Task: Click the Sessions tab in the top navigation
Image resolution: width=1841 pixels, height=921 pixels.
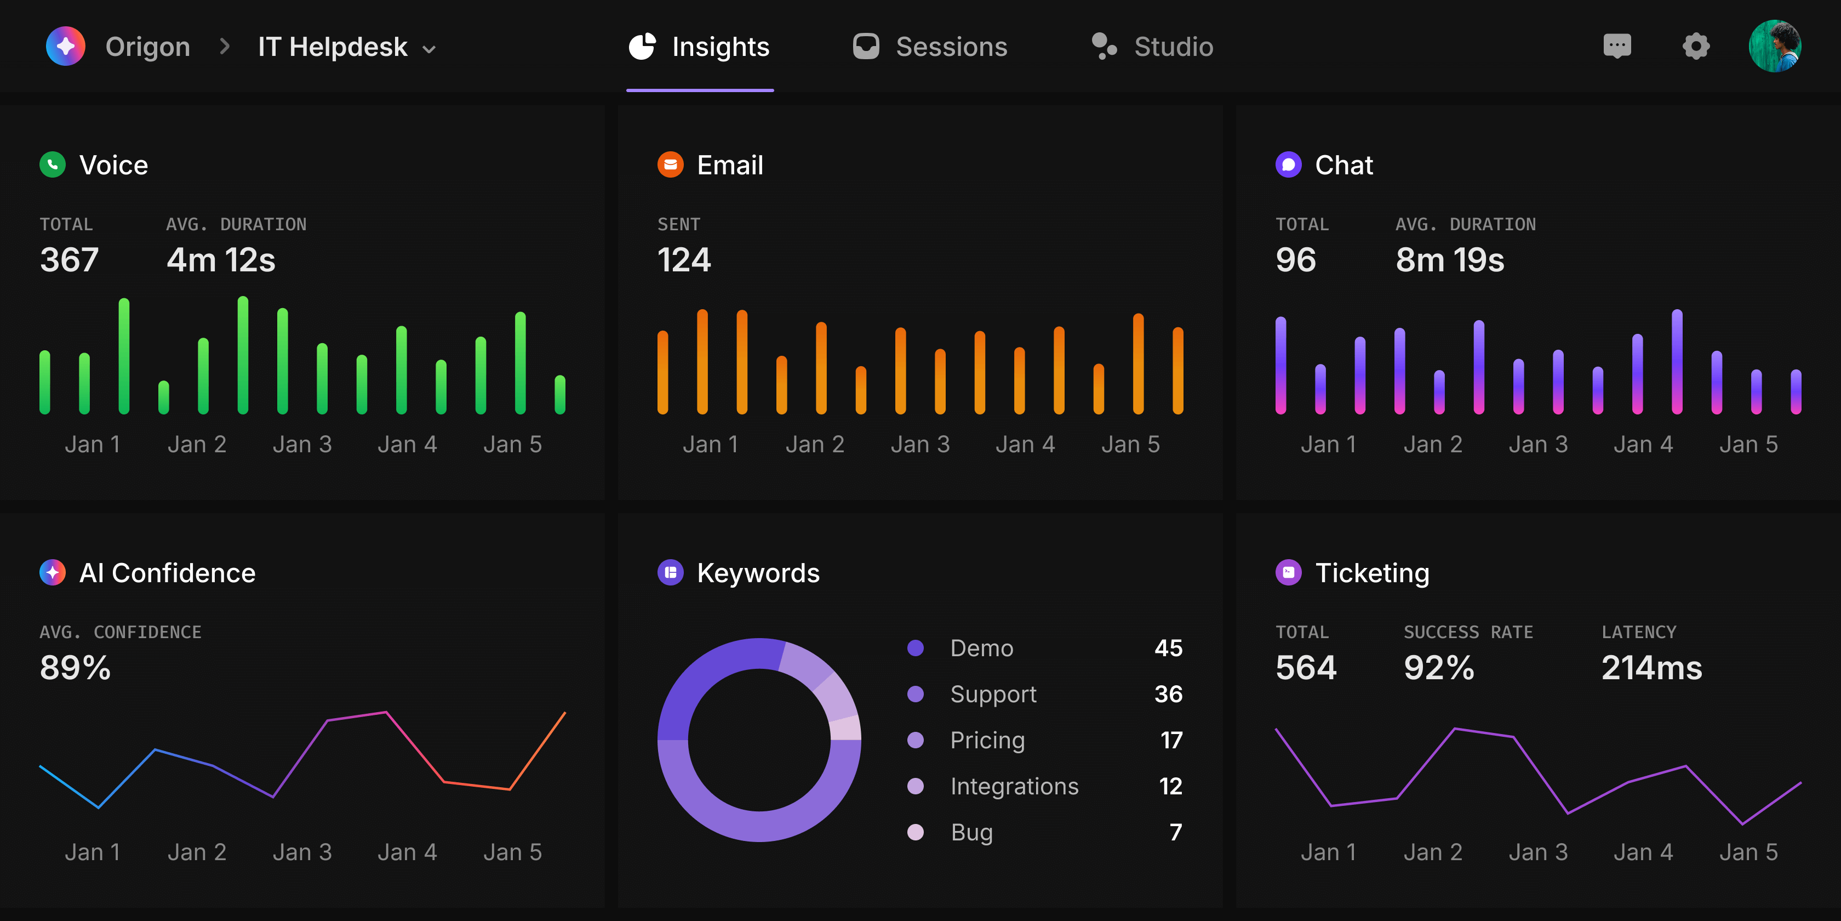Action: (x=930, y=47)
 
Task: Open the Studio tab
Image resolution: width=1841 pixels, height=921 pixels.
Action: (x=1152, y=47)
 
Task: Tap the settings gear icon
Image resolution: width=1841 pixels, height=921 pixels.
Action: (x=1695, y=47)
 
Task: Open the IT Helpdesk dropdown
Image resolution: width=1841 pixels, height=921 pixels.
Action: (x=347, y=47)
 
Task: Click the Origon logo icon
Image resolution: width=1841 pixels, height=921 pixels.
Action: (x=66, y=47)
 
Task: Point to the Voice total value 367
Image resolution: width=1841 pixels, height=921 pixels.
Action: (x=70, y=259)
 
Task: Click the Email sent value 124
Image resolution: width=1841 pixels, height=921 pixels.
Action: (x=684, y=259)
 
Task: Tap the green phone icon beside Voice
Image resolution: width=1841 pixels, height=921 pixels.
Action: (x=52, y=164)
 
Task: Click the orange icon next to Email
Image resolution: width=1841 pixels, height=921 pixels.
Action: (x=670, y=164)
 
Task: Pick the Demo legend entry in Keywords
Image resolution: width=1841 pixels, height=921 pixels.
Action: (x=981, y=648)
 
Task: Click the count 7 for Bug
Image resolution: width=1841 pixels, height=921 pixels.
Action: (x=1175, y=832)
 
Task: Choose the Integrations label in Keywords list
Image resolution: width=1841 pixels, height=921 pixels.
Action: (x=1014, y=786)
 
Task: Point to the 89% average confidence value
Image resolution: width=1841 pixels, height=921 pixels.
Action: (x=75, y=667)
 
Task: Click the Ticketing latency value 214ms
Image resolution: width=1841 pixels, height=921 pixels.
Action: (x=1651, y=667)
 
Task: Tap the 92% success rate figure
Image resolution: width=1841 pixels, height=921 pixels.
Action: (x=1439, y=667)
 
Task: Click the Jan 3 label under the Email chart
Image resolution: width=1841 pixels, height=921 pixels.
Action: (x=920, y=444)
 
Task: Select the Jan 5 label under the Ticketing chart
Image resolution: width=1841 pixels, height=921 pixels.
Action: (x=1748, y=851)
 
